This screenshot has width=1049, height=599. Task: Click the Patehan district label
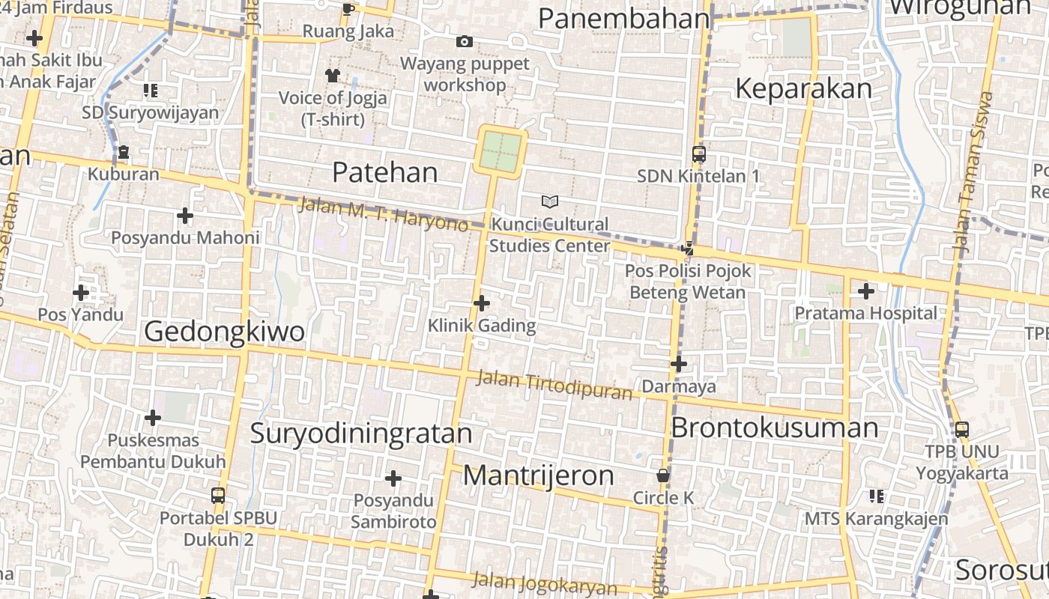click(384, 173)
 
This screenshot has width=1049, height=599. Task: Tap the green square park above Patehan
click(500, 151)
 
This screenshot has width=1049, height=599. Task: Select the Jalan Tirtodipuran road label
click(554, 385)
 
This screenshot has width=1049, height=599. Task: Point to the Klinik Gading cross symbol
click(482, 303)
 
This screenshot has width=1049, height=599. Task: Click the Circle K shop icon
click(663, 475)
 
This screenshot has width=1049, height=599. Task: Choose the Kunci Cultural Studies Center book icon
click(550, 201)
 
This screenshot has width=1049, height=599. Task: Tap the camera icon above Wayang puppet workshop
click(465, 42)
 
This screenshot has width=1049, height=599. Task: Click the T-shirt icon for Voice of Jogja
click(333, 75)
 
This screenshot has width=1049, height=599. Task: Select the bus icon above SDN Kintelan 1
click(698, 154)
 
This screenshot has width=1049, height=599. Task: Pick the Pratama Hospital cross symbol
click(866, 291)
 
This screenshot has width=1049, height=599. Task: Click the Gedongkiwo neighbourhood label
click(224, 331)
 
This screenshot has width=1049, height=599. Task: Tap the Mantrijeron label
click(538, 475)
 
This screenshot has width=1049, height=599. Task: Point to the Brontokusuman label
click(774, 428)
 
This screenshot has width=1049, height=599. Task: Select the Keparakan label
click(803, 89)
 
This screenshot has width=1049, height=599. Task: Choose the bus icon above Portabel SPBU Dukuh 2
click(218, 496)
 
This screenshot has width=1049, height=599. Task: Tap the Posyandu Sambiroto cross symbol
click(393, 478)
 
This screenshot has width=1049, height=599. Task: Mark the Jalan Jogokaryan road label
click(545, 584)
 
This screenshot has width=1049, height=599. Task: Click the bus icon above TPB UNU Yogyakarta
click(962, 430)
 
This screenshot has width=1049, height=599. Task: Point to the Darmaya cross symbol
click(679, 365)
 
